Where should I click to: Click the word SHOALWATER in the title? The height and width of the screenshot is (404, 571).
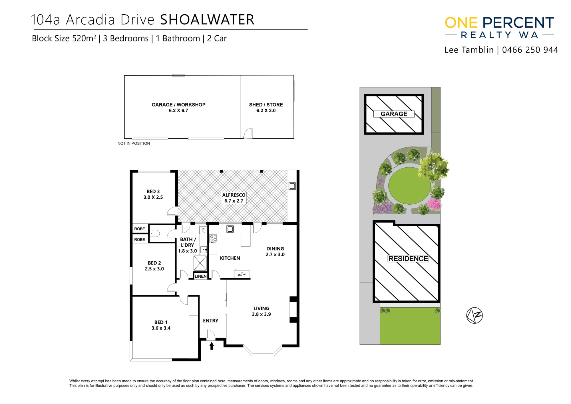tap(207, 20)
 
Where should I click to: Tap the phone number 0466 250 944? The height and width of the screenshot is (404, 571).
tap(530, 50)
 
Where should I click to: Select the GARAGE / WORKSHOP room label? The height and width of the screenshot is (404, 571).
tap(178, 107)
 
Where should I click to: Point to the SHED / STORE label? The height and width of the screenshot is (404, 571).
tap(266, 107)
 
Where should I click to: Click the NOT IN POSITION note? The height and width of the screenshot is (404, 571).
tap(134, 143)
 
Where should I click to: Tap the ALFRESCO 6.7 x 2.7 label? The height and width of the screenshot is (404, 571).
tap(234, 198)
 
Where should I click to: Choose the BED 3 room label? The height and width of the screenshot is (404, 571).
tap(153, 194)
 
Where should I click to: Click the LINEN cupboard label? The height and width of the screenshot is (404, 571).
tap(201, 276)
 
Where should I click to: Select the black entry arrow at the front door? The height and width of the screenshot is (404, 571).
tap(212, 346)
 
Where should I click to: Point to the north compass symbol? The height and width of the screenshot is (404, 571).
tap(475, 315)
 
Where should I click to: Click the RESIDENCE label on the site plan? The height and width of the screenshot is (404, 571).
tap(408, 259)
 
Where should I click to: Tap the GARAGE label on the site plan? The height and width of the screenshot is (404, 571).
tap(394, 114)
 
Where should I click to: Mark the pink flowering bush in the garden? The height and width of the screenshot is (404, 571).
tap(435, 205)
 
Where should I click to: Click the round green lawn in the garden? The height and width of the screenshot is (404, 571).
tap(409, 186)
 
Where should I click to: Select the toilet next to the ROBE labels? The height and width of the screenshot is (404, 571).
tap(154, 233)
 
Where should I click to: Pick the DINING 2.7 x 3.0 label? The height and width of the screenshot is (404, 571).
tap(275, 252)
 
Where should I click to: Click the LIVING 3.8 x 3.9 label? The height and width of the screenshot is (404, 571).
tap(262, 311)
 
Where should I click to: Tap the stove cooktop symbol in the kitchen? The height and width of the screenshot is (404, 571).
tap(213, 239)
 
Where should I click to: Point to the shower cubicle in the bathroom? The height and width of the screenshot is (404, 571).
tap(200, 263)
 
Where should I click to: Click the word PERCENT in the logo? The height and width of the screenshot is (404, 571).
tap(518, 23)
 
